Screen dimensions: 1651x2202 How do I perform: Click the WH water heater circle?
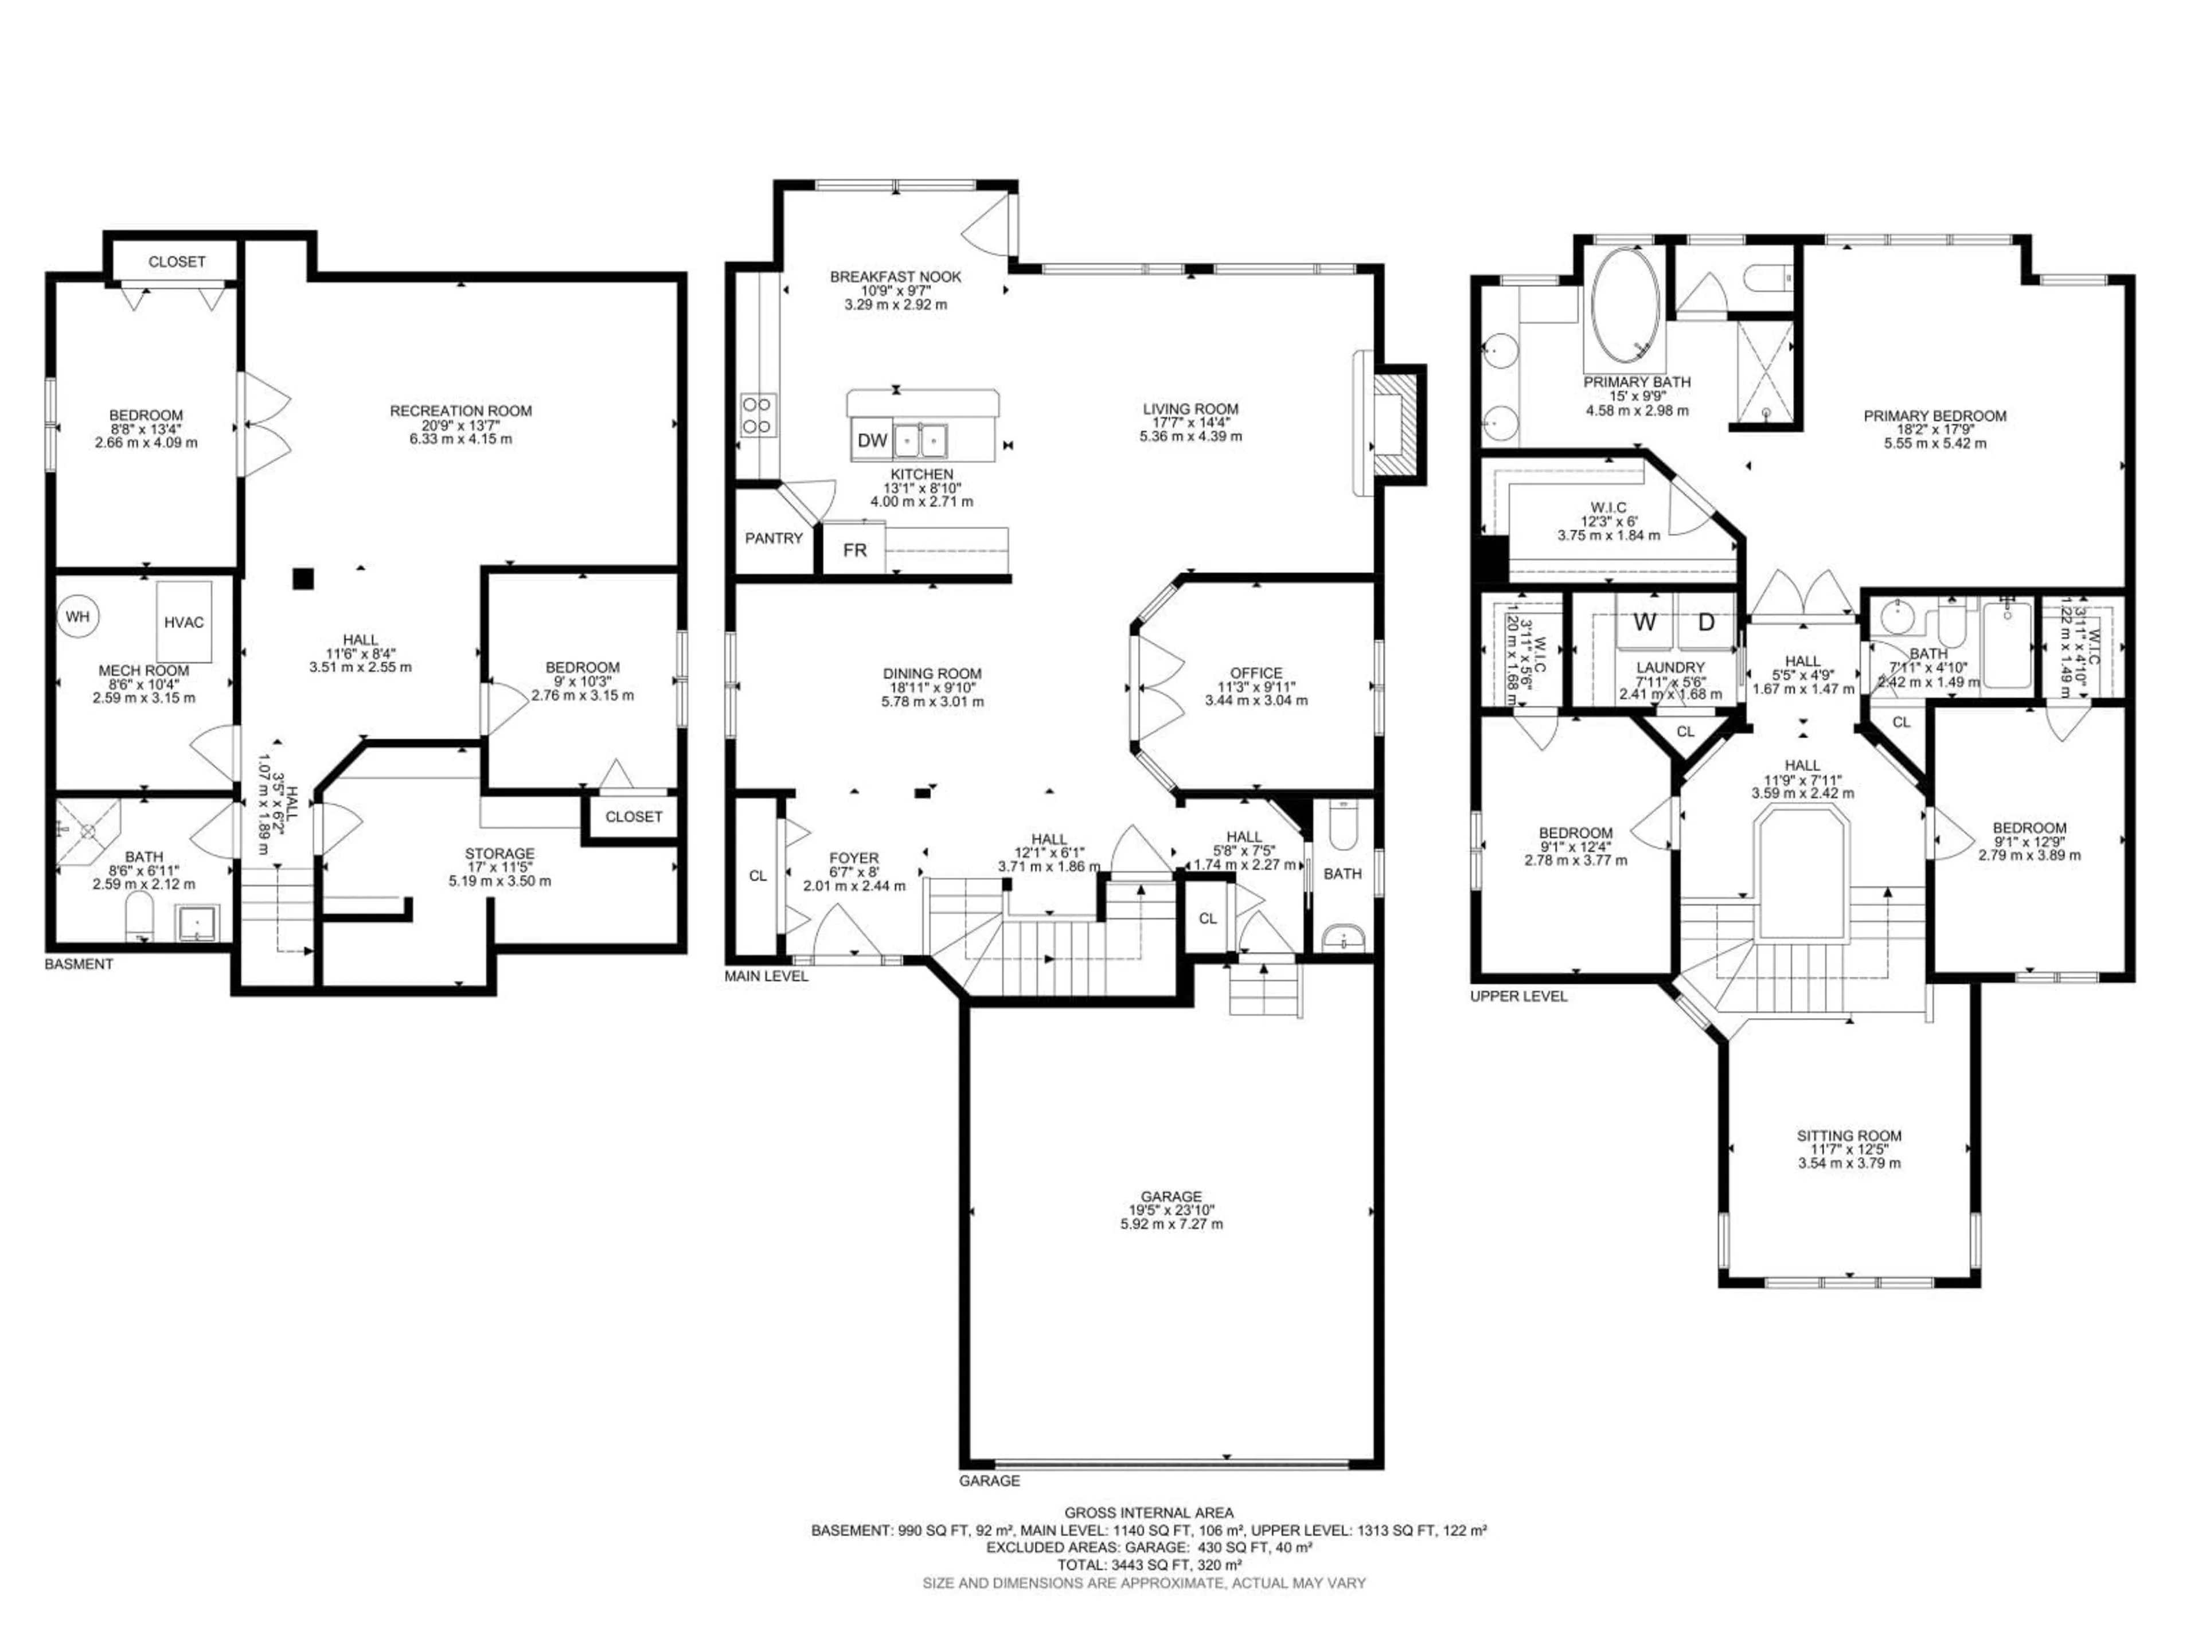coord(77,617)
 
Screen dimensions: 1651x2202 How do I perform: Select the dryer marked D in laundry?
coord(1706,623)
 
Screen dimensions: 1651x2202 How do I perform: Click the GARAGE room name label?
coord(1171,1196)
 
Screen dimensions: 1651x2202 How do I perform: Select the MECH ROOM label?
coord(143,671)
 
